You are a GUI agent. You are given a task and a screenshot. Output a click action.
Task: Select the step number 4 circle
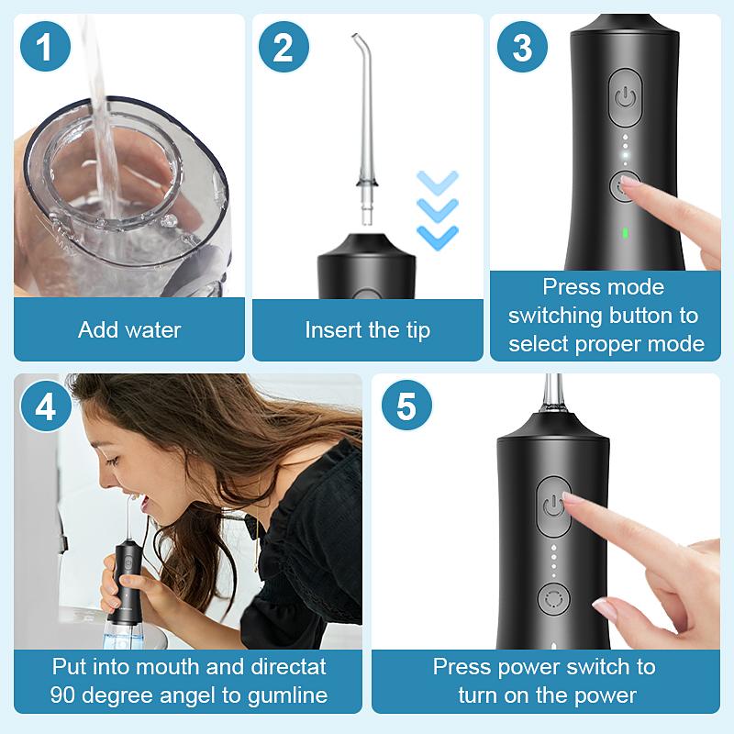coord(46,406)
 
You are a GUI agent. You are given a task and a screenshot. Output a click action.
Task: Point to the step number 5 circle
coord(406,406)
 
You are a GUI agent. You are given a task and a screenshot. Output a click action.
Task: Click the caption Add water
coord(129,330)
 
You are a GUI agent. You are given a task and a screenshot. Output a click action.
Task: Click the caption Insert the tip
coord(367,330)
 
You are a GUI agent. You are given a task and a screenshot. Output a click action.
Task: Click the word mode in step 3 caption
coord(633,288)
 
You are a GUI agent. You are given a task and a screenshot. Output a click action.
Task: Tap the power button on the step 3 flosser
coord(626,97)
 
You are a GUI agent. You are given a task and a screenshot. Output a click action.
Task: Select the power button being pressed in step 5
coord(553,506)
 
